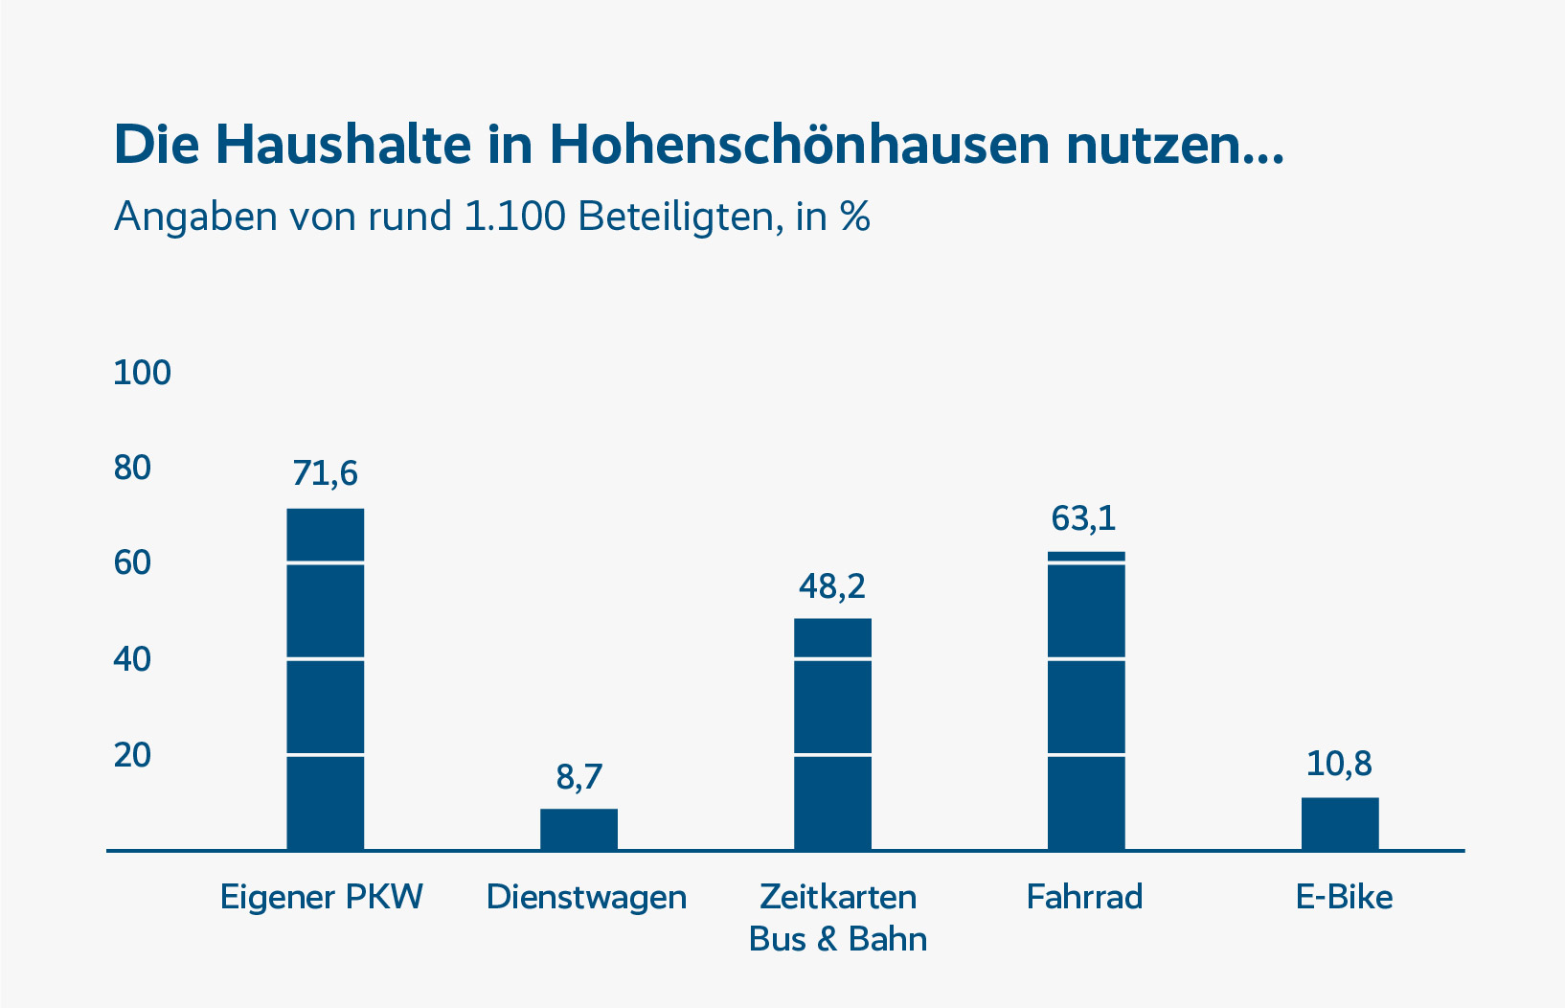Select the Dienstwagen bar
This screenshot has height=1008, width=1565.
tap(578, 829)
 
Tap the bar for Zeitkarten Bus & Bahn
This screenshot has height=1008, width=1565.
tap(832, 734)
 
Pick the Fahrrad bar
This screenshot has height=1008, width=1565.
tap(1086, 700)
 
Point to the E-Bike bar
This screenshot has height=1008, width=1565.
tap(1339, 823)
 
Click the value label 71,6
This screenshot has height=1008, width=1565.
tap(326, 473)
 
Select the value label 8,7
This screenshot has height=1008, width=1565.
tap(579, 776)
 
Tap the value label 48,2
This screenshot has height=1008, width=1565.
tap(832, 585)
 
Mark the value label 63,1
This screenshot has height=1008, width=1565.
tap(1084, 518)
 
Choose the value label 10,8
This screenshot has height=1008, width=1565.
tap(1339, 764)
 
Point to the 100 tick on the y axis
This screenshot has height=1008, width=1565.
tap(142, 373)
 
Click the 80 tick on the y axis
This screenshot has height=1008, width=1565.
tap(132, 468)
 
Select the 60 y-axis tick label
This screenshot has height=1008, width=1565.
tap(132, 562)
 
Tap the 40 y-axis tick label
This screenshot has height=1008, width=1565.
tap(132, 659)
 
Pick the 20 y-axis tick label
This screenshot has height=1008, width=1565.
tap(132, 755)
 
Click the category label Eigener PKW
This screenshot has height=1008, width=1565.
tap(322, 897)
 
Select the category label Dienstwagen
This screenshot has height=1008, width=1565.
tap(586, 897)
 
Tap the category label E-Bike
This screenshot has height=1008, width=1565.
tap(1344, 897)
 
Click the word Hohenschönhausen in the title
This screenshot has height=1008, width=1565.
tap(800, 145)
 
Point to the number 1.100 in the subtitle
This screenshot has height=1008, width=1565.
tap(514, 217)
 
